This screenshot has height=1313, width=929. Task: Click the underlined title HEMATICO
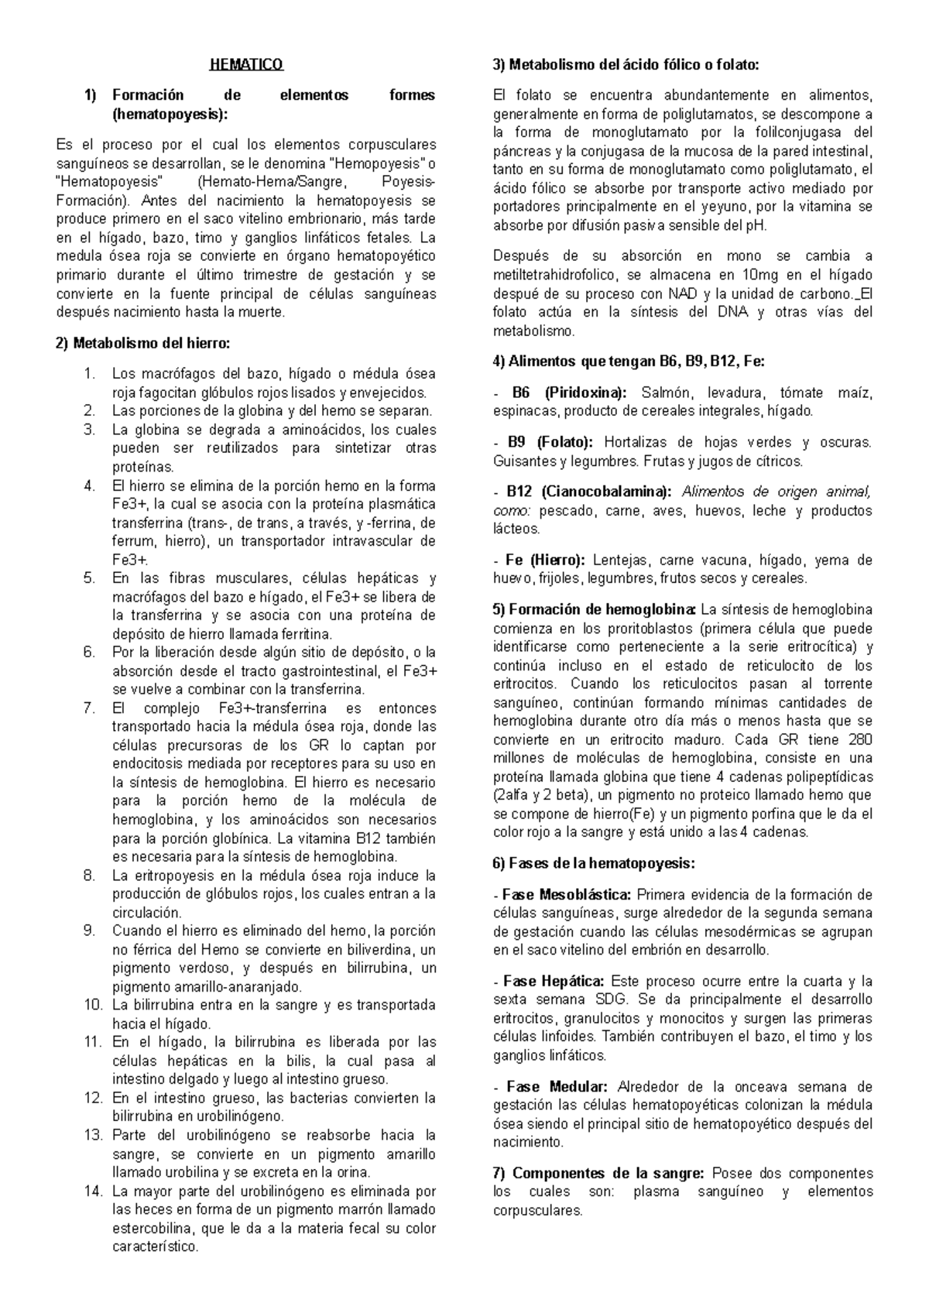[x=246, y=65]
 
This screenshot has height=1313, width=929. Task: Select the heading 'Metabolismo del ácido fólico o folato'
[x=626, y=65]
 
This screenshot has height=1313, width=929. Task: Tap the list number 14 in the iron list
[x=93, y=1191]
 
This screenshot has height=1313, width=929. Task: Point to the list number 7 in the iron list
[x=89, y=708]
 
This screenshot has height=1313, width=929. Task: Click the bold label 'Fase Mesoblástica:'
[x=567, y=895]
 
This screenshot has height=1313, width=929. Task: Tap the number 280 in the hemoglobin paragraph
[x=861, y=739]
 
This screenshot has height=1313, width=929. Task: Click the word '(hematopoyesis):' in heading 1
[x=170, y=115]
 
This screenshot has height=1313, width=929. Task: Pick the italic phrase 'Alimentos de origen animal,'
[x=776, y=492]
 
